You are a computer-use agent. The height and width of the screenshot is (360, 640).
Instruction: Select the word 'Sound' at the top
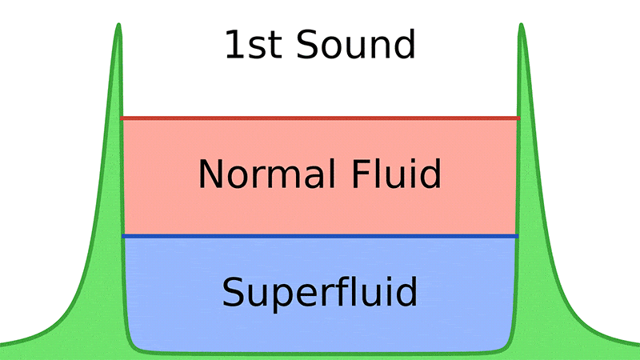pyautogui.click(x=355, y=46)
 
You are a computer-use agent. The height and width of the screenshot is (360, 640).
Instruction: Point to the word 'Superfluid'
pyautogui.click(x=320, y=293)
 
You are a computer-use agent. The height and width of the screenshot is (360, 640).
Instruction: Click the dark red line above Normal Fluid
pyautogui.click(x=320, y=118)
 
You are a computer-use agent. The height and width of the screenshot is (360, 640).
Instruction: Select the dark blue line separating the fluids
pyautogui.click(x=320, y=237)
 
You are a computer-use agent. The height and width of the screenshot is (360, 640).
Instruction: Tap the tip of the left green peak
pyautogui.click(x=118, y=26)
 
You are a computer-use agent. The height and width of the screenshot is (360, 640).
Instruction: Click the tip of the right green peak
pyautogui.click(x=522, y=26)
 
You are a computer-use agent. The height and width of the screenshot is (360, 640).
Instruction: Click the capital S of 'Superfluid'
pyautogui.click(x=233, y=293)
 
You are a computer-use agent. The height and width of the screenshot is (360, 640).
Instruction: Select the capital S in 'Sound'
pyautogui.click(x=306, y=46)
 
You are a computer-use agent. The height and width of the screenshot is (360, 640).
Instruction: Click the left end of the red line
pyautogui.click(x=122, y=118)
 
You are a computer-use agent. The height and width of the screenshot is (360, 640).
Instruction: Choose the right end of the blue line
pyautogui.click(x=517, y=237)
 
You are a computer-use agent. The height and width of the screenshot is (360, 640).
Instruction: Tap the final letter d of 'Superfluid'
pyautogui.click(x=407, y=293)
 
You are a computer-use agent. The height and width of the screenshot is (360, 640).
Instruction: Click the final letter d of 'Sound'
pyautogui.click(x=406, y=46)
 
